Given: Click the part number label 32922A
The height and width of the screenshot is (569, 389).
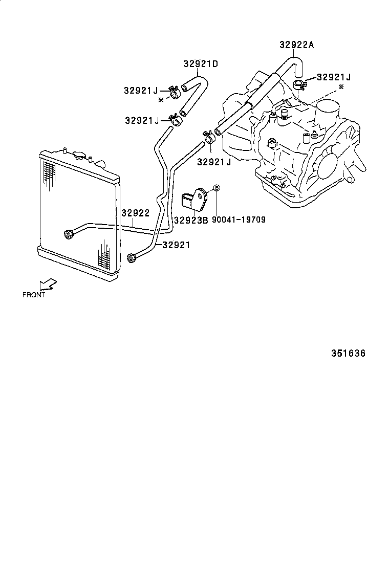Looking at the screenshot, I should tap(296, 45).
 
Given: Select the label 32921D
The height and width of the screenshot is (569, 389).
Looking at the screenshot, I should tap(201, 64).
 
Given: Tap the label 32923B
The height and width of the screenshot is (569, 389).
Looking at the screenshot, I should tap(190, 221).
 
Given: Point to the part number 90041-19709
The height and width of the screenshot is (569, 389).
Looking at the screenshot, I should tap(239, 221).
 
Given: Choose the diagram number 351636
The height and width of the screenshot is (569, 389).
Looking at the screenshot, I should tap(348, 354).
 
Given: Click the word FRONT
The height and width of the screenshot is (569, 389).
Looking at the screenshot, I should tap(34, 295).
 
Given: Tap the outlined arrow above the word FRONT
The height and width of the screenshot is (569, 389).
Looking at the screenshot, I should tap(49, 284).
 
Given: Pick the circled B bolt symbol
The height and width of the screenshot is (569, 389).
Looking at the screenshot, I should tap(216, 189).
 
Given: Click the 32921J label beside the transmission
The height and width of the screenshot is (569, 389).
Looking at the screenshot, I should tap(334, 77).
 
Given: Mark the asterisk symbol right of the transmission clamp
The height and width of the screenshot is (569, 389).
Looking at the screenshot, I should tap(341, 87).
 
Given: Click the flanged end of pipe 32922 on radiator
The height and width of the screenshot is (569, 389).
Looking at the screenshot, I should tap(67, 235).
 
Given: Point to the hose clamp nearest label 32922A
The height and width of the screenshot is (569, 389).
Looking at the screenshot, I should tap(299, 83).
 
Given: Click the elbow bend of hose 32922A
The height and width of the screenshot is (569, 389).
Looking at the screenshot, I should tap(294, 62).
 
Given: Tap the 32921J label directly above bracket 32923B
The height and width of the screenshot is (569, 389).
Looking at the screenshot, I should tap(214, 162).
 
